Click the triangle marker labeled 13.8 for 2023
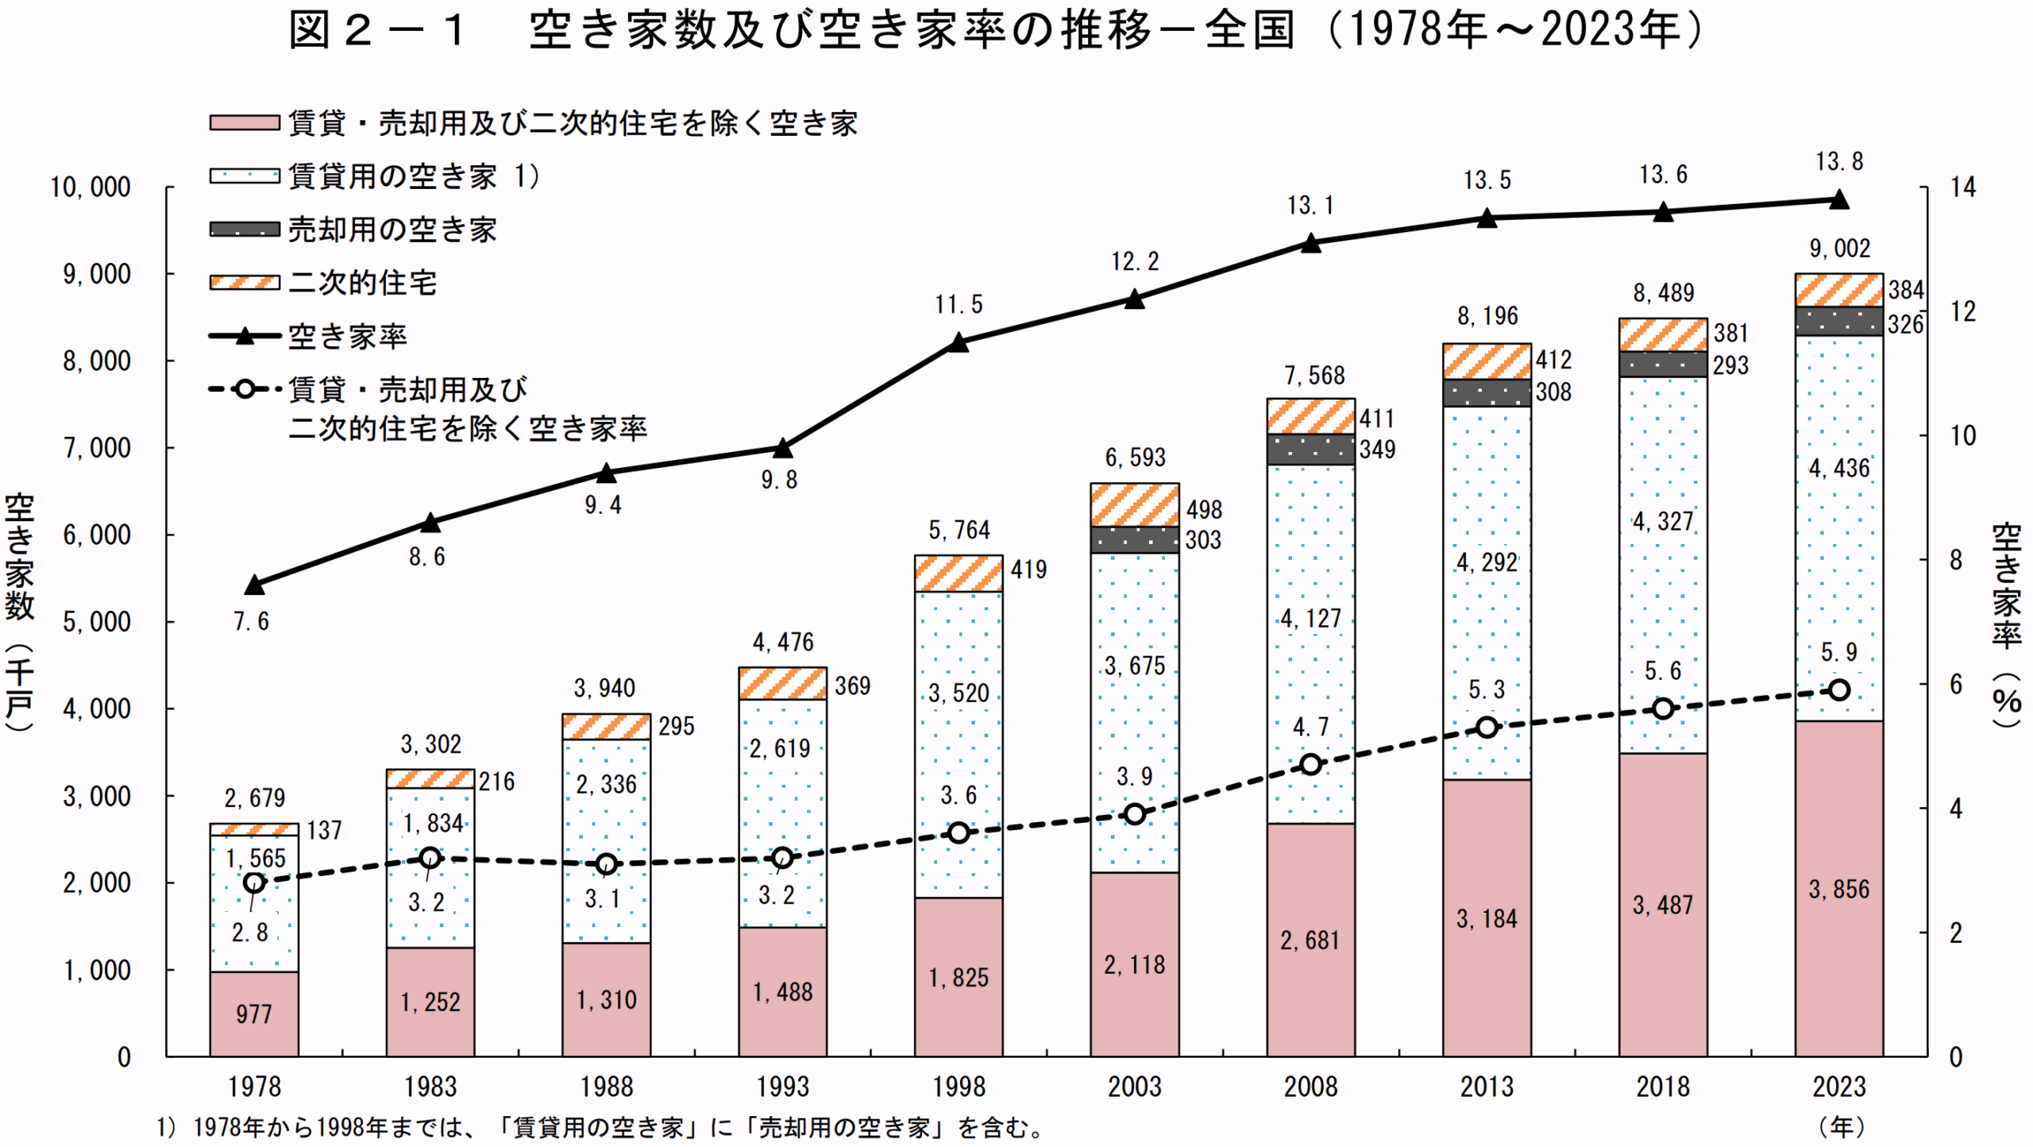click(1839, 199)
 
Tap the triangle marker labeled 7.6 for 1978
click(254, 585)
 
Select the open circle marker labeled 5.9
click(1839, 689)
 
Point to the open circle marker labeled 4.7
click(1311, 764)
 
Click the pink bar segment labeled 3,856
click(1839, 890)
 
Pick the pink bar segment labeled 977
click(254, 1014)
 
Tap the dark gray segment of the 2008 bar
click(1311, 450)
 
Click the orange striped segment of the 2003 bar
click(1135, 504)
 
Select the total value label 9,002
click(1839, 249)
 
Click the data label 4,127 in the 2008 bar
click(1311, 618)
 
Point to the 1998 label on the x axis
click(959, 1087)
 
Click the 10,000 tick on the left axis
click(91, 187)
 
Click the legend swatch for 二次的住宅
click(245, 283)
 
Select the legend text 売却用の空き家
click(392, 230)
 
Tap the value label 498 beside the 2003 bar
click(1204, 510)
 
